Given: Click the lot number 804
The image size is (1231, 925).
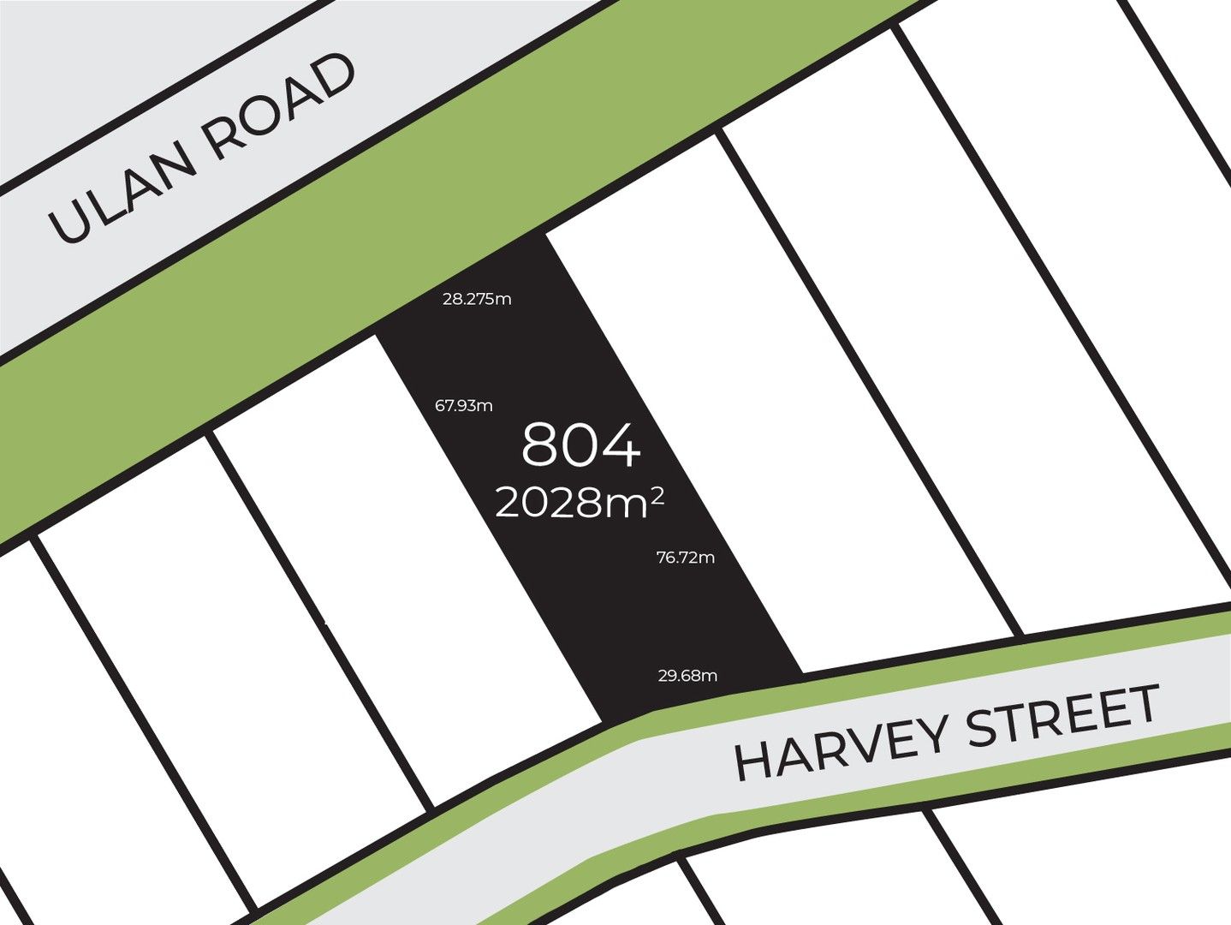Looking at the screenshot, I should (x=580, y=445).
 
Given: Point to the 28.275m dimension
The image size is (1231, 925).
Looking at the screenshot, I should (x=477, y=299).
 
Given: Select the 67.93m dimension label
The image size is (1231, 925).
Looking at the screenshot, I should (x=464, y=405).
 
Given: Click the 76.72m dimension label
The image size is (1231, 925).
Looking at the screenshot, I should (x=685, y=558).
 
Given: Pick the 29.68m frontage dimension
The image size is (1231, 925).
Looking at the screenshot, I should (x=687, y=676).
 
